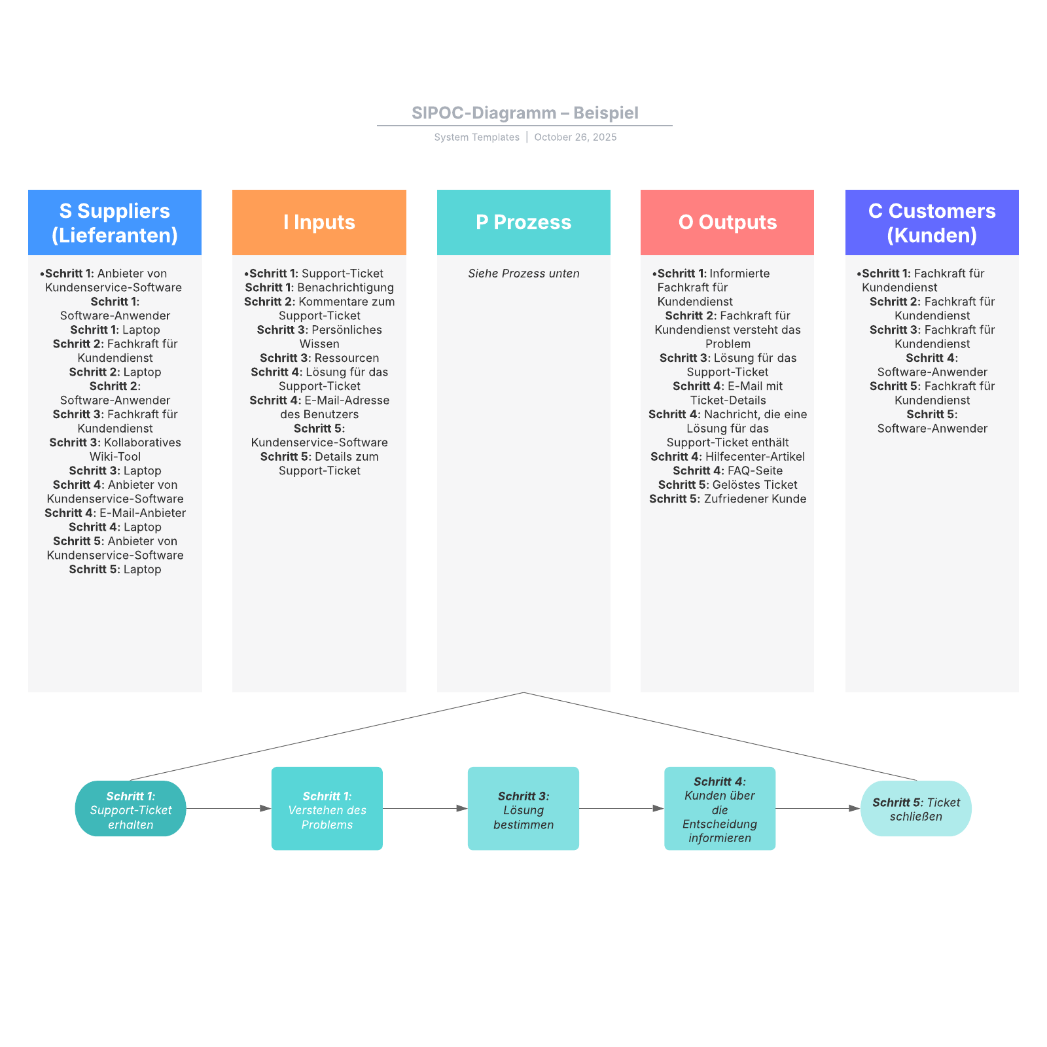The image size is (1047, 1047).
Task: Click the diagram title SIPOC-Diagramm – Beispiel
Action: pyautogui.click(x=525, y=113)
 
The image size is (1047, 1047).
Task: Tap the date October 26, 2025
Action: pyautogui.click(x=575, y=137)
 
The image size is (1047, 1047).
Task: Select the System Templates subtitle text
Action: pyautogui.click(x=476, y=137)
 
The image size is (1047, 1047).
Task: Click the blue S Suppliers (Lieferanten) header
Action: pyautogui.click(x=115, y=222)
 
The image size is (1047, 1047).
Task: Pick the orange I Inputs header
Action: pyautogui.click(x=319, y=222)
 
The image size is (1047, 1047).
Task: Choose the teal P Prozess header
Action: pyautogui.click(x=523, y=222)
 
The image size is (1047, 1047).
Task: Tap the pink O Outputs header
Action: pyautogui.click(x=727, y=222)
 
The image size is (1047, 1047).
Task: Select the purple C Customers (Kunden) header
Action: pyautogui.click(x=932, y=222)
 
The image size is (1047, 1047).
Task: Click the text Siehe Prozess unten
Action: pyautogui.click(x=523, y=274)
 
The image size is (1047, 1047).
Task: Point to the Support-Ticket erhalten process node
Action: pyautogui.click(x=131, y=809)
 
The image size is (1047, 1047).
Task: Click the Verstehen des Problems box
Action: pyautogui.click(x=327, y=809)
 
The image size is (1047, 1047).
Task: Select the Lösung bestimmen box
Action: pyautogui.click(x=523, y=809)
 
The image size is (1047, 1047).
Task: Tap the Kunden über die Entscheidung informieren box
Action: pyautogui.click(x=720, y=809)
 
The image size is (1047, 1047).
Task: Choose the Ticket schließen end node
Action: pyautogui.click(x=916, y=809)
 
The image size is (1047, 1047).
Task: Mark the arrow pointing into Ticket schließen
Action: pyautogui.click(x=818, y=809)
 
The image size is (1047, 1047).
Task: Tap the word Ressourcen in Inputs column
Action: pyautogui.click(x=347, y=358)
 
